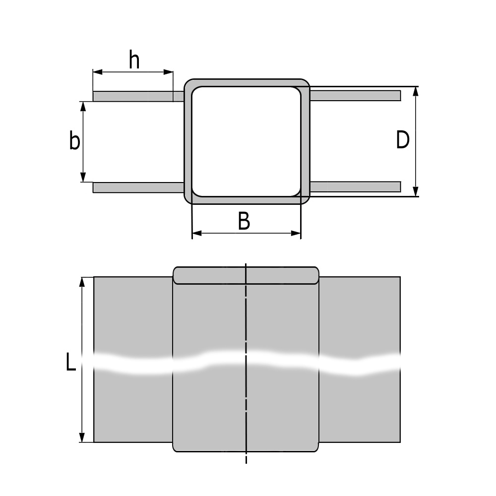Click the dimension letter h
point(134,61)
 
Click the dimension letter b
point(74,141)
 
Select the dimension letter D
point(403,140)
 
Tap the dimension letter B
point(244,221)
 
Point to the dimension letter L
point(71,363)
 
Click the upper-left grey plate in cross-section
point(134,96)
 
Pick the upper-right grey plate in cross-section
point(355,95)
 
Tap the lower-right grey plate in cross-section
point(355,186)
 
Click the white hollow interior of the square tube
point(246,141)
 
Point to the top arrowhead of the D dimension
point(416,90)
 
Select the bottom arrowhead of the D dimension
point(416,192)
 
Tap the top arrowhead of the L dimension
point(83,281)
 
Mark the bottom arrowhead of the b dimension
point(83,178)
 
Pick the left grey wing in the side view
point(133,317)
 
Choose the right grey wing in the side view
point(359,317)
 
